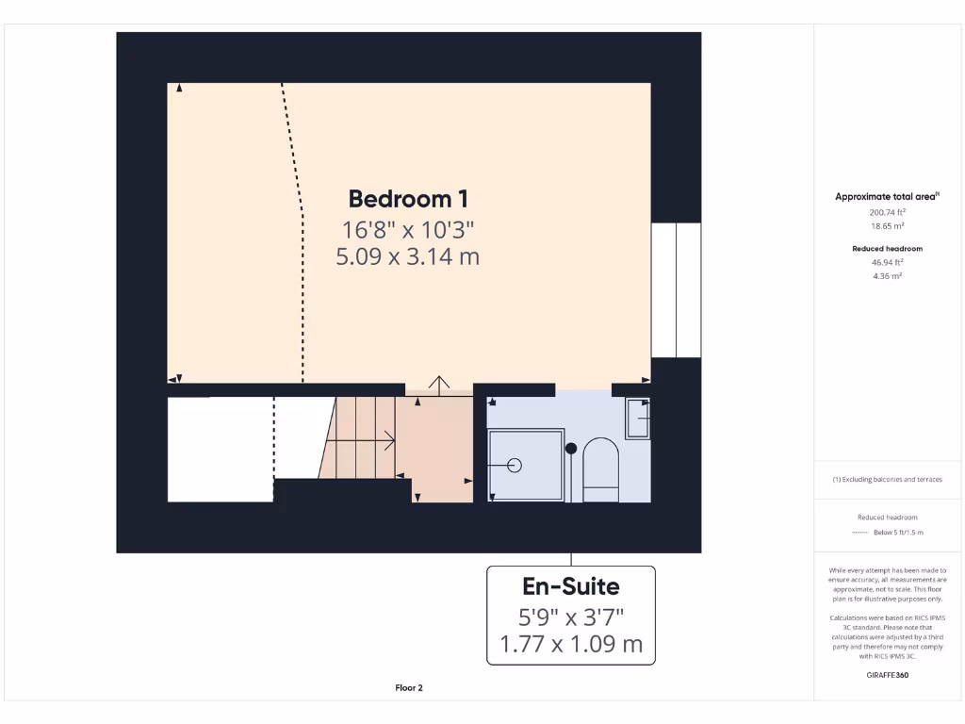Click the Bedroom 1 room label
(408, 199)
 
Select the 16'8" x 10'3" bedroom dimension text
(408, 229)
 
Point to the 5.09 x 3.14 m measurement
(408, 256)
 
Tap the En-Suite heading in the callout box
(570, 586)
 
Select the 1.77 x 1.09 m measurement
(570, 645)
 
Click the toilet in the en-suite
(600, 469)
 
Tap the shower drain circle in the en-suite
(515, 465)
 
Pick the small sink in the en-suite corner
(638, 418)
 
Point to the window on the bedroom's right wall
(676, 290)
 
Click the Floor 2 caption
(409, 688)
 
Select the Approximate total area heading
(887, 197)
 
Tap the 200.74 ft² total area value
(887, 213)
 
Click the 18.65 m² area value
(887, 226)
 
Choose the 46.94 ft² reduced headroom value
(887, 263)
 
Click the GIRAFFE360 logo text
(887, 675)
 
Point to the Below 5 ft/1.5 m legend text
(898, 533)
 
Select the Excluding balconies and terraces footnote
(887, 480)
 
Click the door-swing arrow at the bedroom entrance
(439, 383)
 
